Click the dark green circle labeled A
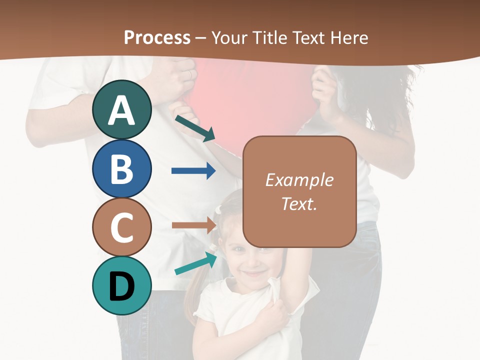[121, 110]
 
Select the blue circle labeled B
[121, 168]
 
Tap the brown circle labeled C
[121, 227]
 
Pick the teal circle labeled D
[121, 285]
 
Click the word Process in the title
[157, 37]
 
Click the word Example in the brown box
[299, 180]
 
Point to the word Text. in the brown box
[299, 204]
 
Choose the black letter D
[121, 287]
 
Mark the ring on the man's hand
[189, 74]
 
